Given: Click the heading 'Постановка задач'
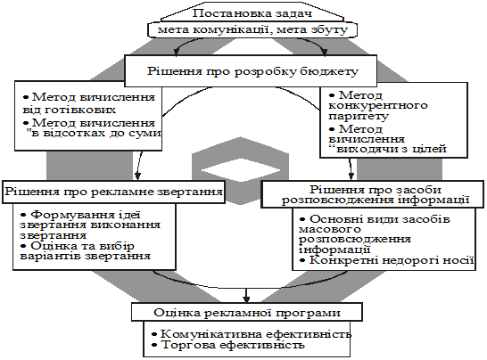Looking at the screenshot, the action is click(x=252, y=13).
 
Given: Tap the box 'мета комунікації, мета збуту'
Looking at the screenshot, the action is click(x=252, y=30).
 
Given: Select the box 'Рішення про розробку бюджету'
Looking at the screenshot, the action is click(x=251, y=71).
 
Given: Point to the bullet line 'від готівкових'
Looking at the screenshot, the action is click(x=70, y=110).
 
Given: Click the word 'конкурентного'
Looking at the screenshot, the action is click(x=378, y=105).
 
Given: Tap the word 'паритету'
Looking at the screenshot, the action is click(x=359, y=116).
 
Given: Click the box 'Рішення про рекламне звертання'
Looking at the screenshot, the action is click(x=113, y=192).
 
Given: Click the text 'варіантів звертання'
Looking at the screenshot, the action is click(x=85, y=257).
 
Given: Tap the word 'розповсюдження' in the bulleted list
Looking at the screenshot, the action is click(x=355, y=240).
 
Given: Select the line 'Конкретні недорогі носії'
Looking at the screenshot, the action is click(x=387, y=260).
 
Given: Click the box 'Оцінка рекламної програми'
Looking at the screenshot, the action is click(x=247, y=312).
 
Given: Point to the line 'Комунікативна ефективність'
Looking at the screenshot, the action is click(x=252, y=334).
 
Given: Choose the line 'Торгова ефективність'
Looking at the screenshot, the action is click(x=228, y=345).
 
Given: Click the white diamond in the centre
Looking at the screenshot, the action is click(x=241, y=170).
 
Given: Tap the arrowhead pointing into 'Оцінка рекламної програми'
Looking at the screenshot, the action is click(x=246, y=299).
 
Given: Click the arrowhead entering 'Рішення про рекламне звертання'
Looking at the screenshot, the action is click(x=137, y=176).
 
